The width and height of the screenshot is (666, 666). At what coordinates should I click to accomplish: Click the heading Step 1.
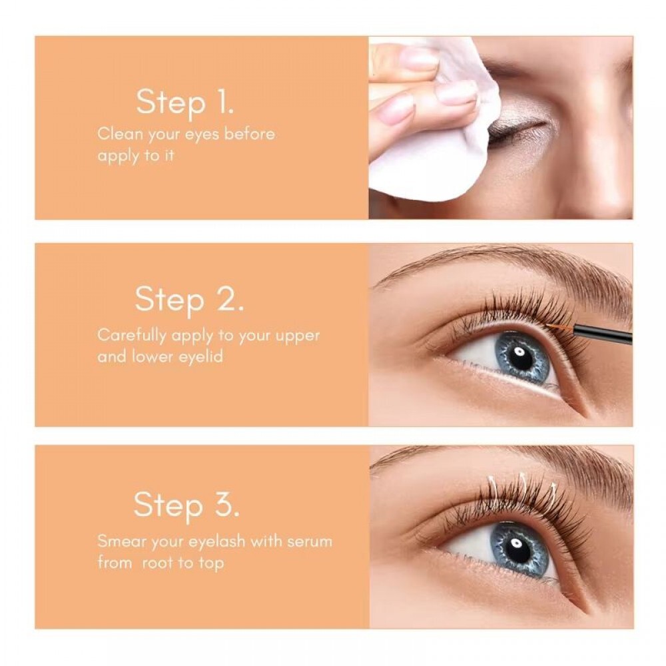[x=184, y=103]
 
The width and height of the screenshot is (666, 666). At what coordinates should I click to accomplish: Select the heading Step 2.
[x=189, y=300]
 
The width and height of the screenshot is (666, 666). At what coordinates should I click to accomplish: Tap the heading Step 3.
[x=186, y=505]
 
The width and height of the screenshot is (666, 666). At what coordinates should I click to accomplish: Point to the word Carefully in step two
[x=132, y=336]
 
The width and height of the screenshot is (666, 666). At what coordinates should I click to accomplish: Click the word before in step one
[x=250, y=135]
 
